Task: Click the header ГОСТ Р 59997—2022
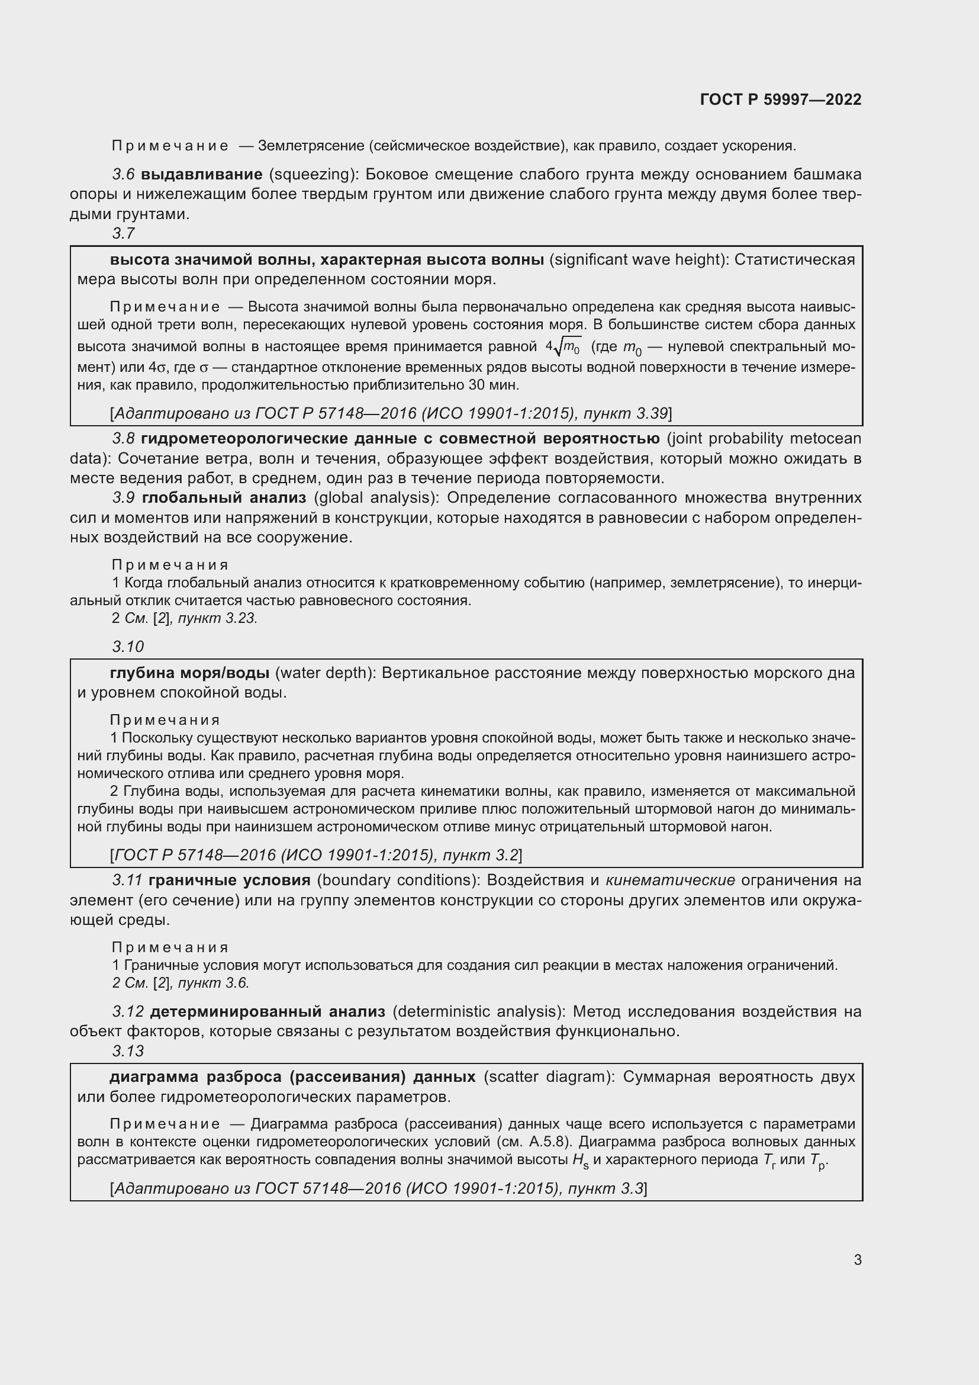pyautogui.click(x=780, y=99)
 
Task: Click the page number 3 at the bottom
pyautogui.click(x=857, y=1259)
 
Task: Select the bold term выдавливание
pyautogui.click(x=201, y=174)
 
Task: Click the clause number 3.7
pyautogui.click(x=124, y=233)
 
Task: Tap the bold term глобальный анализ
pyautogui.click(x=224, y=497)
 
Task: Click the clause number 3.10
pyautogui.click(x=128, y=647)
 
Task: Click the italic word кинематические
pyautogui.click(x=670, y=880)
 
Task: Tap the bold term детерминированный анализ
pyautogui.click(x=267, y=1011)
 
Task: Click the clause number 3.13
pyautogui.click(x=128, y=1051)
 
